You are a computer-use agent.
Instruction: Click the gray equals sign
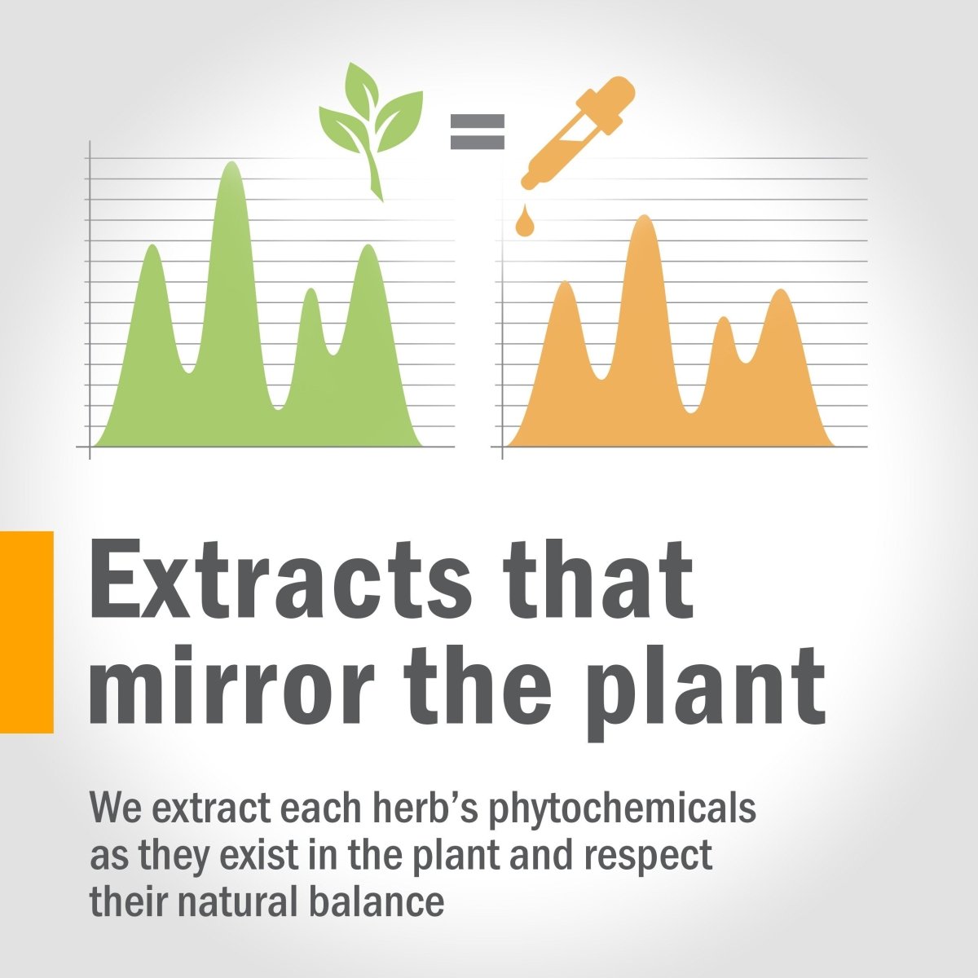(x=477, y=131)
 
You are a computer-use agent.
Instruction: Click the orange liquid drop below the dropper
(x=525, y=221)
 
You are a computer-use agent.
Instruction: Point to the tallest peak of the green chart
(x=232, y=164)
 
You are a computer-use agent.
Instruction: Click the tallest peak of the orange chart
(x=645, y=218)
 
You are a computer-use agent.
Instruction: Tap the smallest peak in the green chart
(x=311, y=291)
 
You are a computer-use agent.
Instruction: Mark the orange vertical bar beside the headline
(x=26, y=632)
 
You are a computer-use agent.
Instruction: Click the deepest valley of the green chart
(x=278, y=407)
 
